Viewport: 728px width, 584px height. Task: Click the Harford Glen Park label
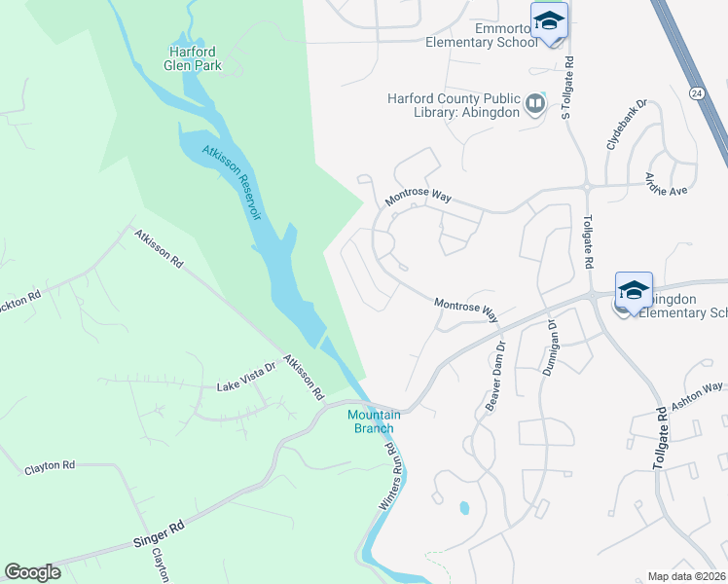pos(194,57)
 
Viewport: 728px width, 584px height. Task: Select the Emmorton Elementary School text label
pos(481,35)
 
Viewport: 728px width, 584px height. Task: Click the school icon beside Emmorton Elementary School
pos(549,22)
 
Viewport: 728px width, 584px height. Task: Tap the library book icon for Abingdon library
pos(534,103)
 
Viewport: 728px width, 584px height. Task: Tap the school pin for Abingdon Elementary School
pos(634,290)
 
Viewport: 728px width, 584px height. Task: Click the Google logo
pos(32,572)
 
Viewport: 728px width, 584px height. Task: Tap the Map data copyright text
pos(686,576)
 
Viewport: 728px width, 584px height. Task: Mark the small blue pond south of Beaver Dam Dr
pos(462,508)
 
